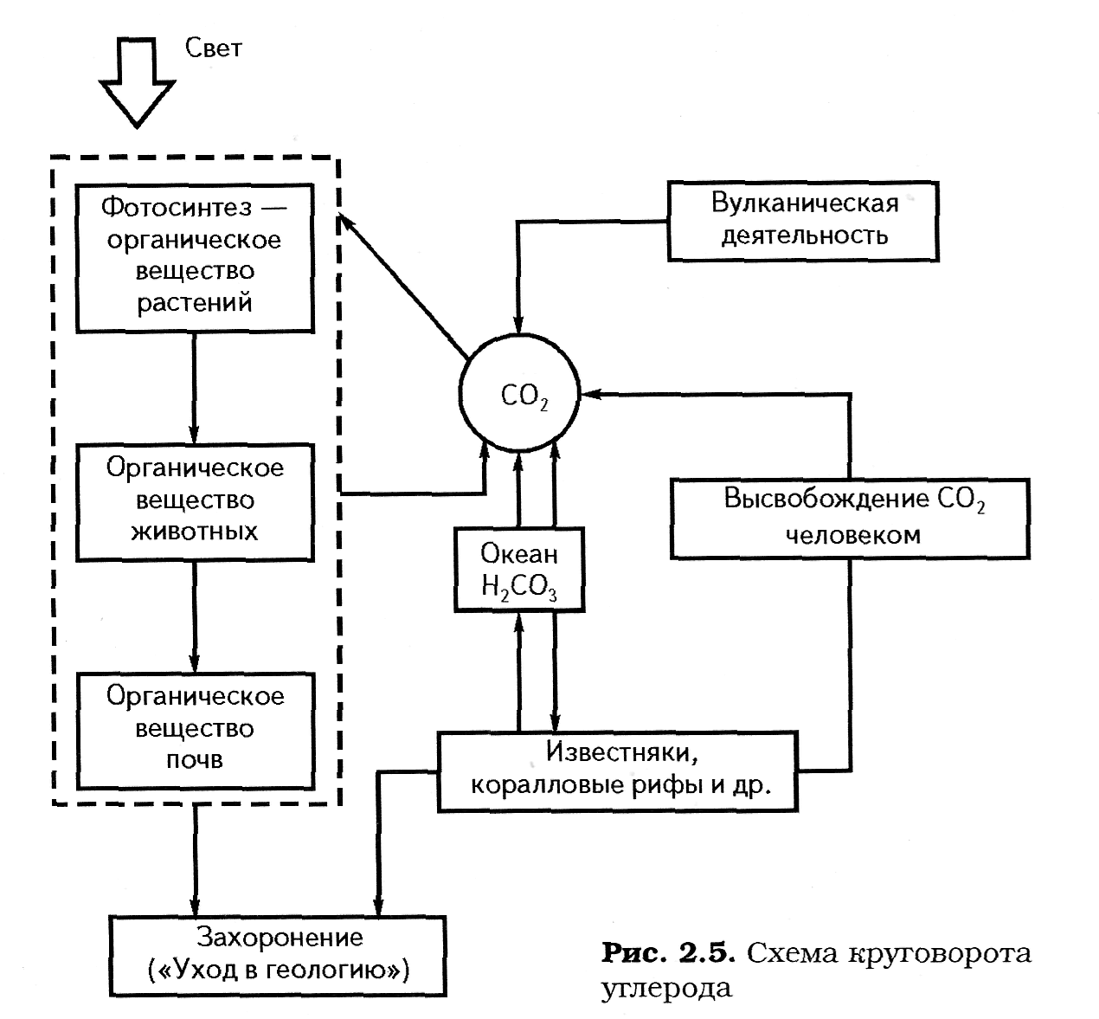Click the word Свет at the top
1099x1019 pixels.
(x=213, y=48)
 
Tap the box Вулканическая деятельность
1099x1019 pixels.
(x=802, y=220)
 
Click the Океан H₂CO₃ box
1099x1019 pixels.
(x=518, y=570)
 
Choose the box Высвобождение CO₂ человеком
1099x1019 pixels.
(x=851, y=517)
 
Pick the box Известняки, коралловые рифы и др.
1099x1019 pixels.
(x=617, y=771)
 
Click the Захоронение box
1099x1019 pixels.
(x=278, y=954)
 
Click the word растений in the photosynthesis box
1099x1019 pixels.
(x=195, y=303)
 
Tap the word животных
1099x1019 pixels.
(x=195, y=532)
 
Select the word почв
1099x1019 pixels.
(x=195, y=760)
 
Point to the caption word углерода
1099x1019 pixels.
(x=665, y=988)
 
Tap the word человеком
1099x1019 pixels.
(x=852, y=534)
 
